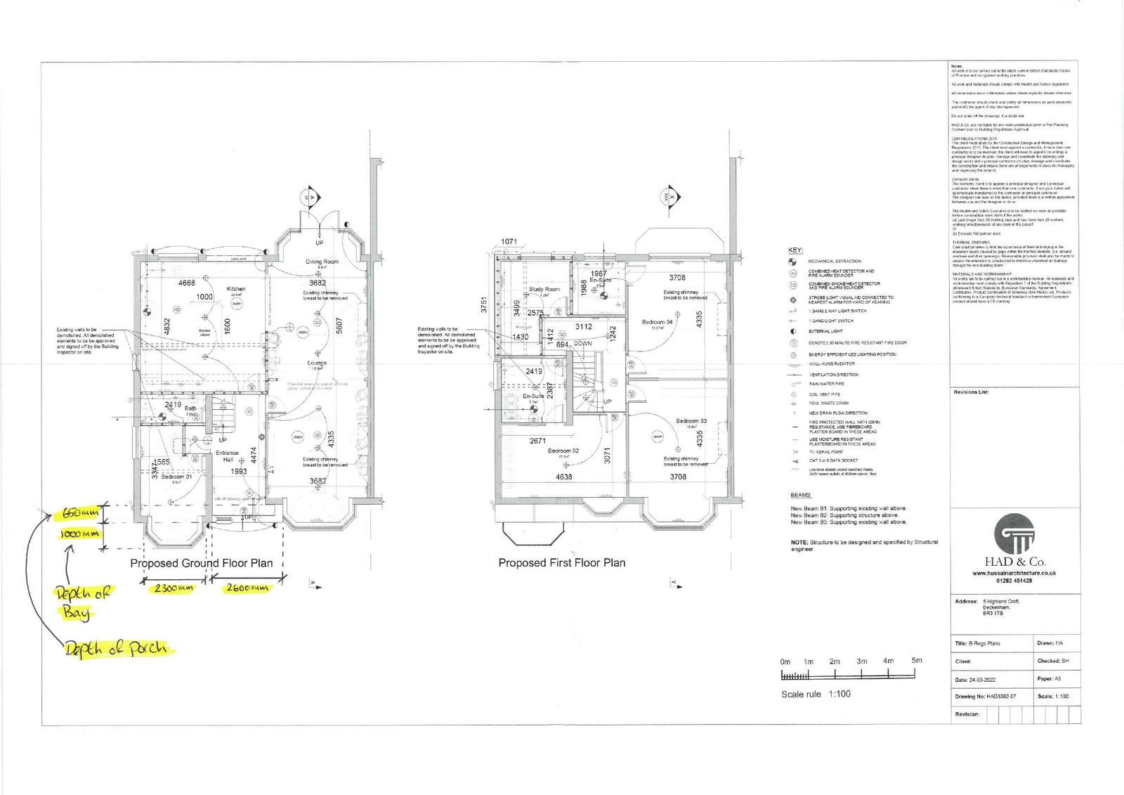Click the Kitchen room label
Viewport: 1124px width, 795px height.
click(235, 289)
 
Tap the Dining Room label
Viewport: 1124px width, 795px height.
click(322, 261)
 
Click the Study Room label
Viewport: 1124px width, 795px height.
click(544, 289)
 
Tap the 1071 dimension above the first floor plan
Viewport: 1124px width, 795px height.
click(509, 242)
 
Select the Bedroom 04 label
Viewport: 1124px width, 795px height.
click(657, 322)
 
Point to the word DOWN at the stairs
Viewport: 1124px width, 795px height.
click(582, 344)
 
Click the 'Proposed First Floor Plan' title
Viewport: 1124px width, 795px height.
click(561, 563)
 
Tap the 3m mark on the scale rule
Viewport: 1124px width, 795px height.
click(862, 661)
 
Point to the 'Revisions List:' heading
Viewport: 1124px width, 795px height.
click(971, 392)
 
